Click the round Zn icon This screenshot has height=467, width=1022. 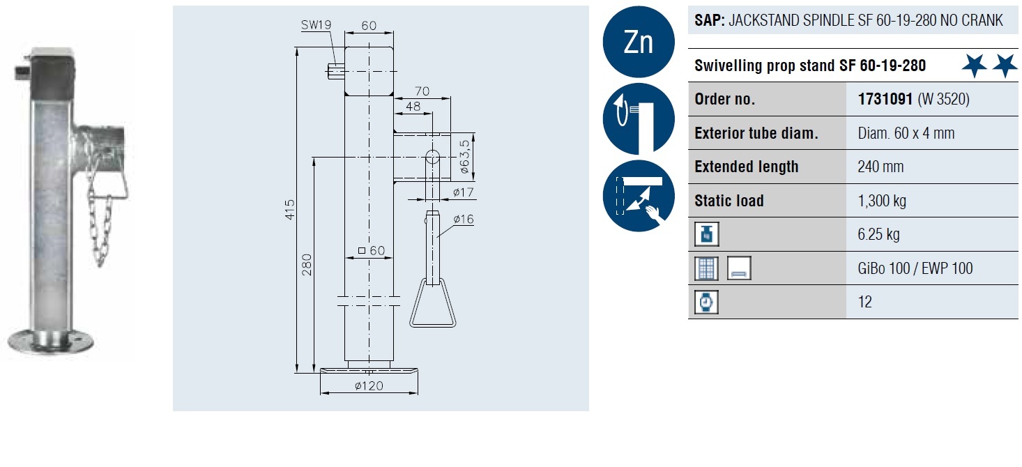click(638, 43)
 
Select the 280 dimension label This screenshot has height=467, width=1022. click(307, 264)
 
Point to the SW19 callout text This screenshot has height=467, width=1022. click(316, 25)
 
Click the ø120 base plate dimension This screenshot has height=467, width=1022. click(369, 386)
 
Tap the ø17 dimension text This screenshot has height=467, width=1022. click(464, 192)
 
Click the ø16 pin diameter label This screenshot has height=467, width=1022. click(464, 220)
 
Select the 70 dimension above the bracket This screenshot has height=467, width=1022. click(421, 90)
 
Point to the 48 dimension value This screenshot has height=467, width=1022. click(413, 107)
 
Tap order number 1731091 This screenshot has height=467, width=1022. click(885, 99)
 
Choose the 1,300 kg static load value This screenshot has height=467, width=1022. click(882, 201)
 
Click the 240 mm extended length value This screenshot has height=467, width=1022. click(880, 167)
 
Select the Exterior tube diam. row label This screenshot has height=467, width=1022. click(756, 133)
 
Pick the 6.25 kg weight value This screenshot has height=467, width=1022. click(878, 234)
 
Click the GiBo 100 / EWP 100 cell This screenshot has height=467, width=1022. click(915, 268)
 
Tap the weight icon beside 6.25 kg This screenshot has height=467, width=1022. click(706, 235)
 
